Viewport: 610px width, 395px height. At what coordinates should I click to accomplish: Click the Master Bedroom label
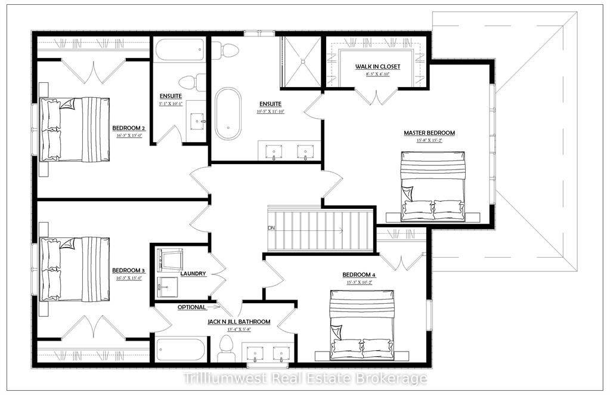coord(429,132)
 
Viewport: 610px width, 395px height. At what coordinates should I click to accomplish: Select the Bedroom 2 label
coord(129,128)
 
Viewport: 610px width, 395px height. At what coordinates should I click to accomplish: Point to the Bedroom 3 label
coord(129,270)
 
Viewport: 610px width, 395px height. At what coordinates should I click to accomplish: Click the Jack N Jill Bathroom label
coord(239,322)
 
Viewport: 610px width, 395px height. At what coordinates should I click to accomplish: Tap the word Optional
coord(191,307)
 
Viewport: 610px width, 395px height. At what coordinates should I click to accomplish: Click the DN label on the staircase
coord(271,228)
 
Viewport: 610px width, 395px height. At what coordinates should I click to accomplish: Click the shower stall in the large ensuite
coord(301,59)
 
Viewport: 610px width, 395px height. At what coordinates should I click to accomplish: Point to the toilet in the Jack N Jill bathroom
coord(227,348)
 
